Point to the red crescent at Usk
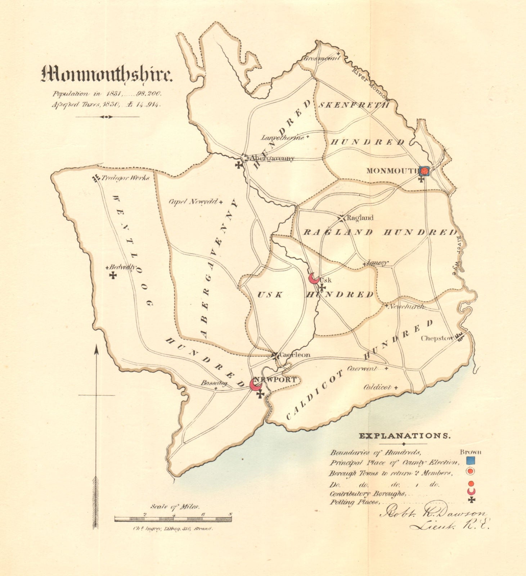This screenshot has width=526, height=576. (x=314, y=279)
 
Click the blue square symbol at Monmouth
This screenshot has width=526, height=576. (x=424, y=171)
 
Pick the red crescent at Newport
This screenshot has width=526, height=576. (x=255, y=384)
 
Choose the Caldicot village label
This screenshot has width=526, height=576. (x=377, y=387)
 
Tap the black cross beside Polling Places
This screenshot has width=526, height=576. (x=471, y=500)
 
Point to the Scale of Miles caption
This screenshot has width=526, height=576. (x=175, y=507)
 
